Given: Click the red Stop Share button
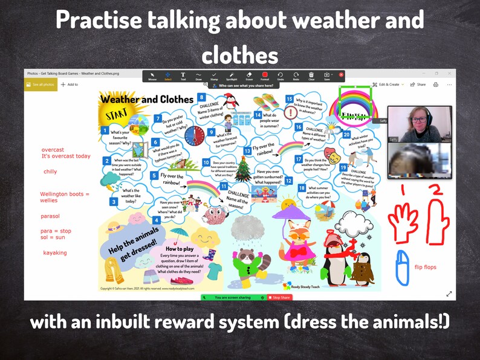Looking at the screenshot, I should click(279, 297).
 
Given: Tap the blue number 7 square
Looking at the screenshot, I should click(157, 119).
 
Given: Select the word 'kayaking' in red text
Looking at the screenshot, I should click(54, 252).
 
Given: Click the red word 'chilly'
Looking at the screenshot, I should click(50, 172).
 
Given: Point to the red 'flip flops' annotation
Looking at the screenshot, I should click(425, 267).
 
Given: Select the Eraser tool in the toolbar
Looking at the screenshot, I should click(248, 76).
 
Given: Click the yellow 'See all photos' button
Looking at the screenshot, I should click(40, 85).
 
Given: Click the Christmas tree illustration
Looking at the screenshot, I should click(243, 169).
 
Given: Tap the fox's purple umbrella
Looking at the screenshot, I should click(291, 213).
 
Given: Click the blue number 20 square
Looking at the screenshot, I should click(346, 135).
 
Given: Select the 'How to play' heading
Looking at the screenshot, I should click(179, 249).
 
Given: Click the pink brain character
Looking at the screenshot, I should click(213, 214).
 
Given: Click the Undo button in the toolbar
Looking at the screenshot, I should click(281, 76).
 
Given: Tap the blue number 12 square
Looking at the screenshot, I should click(288, 180).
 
